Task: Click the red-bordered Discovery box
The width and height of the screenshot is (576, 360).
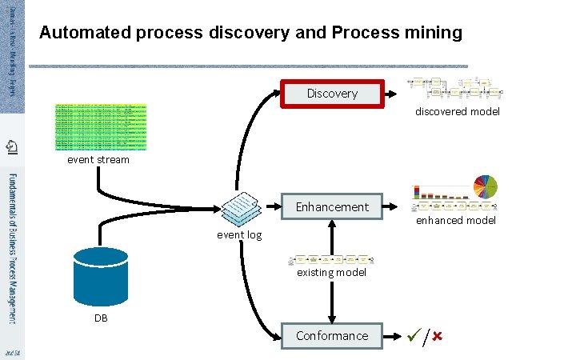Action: coord(332,94)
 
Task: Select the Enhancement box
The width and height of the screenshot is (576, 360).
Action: coord(332,207)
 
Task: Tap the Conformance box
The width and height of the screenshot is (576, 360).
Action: coord(332,336)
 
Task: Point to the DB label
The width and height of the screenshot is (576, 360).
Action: coord(100,318)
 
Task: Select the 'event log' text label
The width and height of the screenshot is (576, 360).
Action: coord(239,235)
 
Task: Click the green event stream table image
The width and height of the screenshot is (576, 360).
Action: coord(101,126)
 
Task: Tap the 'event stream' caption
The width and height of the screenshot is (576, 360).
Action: coord(98,159)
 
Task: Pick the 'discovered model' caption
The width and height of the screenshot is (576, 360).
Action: coord(457,112)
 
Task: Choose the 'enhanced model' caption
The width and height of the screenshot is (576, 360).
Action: coord(456,220)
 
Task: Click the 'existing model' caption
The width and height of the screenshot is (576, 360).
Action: coord(331,273)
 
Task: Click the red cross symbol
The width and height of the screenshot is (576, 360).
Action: coord(437,336)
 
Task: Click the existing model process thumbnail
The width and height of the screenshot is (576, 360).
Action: coord(333,260)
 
